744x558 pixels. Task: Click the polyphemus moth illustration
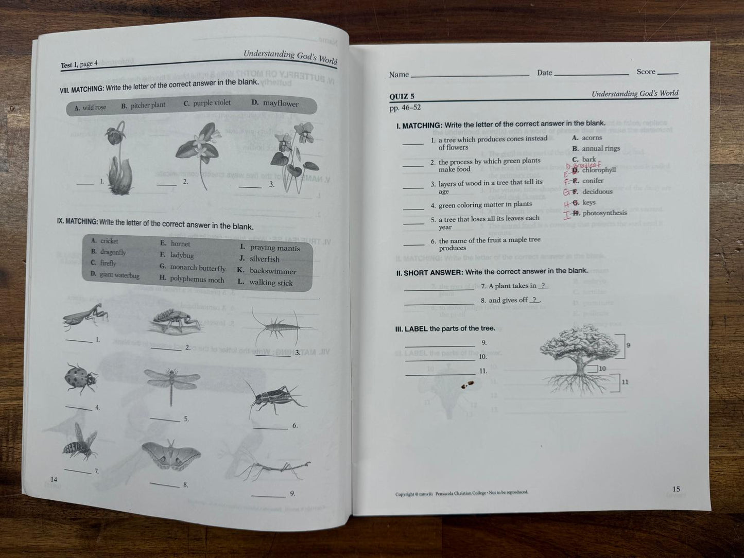171,455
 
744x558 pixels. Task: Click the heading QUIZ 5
402,96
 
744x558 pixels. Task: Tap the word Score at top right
646,72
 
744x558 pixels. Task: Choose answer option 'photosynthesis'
604,213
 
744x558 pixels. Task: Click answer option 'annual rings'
601,148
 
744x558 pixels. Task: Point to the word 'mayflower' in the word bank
281,103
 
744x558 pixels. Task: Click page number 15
676,489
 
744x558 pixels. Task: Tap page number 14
54,479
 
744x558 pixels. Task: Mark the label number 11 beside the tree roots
625,382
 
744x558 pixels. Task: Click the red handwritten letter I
567,215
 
